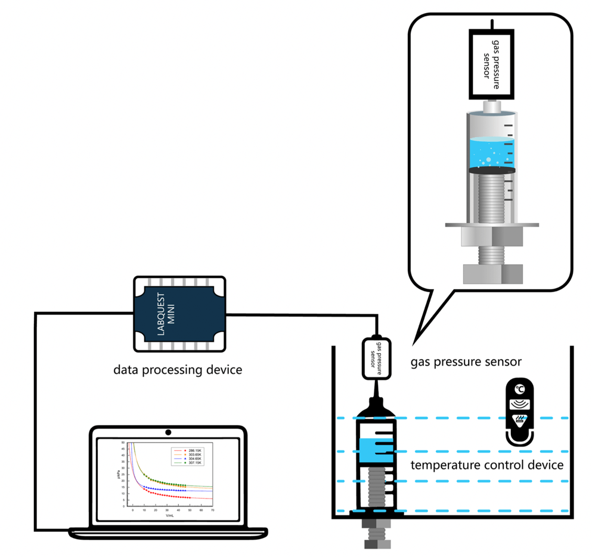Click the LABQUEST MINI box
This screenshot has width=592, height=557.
tap(179, 314)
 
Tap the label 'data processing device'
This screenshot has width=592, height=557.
tap(178, 370)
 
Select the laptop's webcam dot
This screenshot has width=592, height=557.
tap(169, 432)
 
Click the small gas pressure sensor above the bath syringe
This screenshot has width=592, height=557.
tap(376, 358)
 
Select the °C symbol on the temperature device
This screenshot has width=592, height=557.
tap(520, 389)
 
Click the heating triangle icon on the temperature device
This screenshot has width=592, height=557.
tap(520, 420)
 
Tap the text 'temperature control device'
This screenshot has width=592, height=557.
tap(487, 465)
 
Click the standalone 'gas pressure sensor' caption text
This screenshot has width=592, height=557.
tap(467, 362)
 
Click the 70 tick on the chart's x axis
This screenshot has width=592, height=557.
tap(212, 511)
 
